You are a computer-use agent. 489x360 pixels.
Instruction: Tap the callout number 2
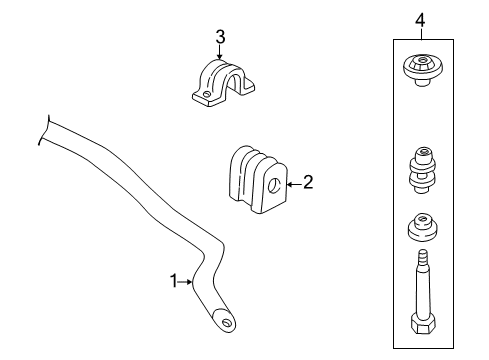pos(308,182)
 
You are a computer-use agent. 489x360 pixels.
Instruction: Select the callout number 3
pos(220,38)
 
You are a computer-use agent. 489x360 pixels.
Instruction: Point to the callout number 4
pos(420,17)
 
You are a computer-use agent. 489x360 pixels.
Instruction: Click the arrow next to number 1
pos(187,282)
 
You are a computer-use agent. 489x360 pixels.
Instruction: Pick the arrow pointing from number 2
pos(292,183)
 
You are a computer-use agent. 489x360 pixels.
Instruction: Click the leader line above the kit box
pos(420,33)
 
